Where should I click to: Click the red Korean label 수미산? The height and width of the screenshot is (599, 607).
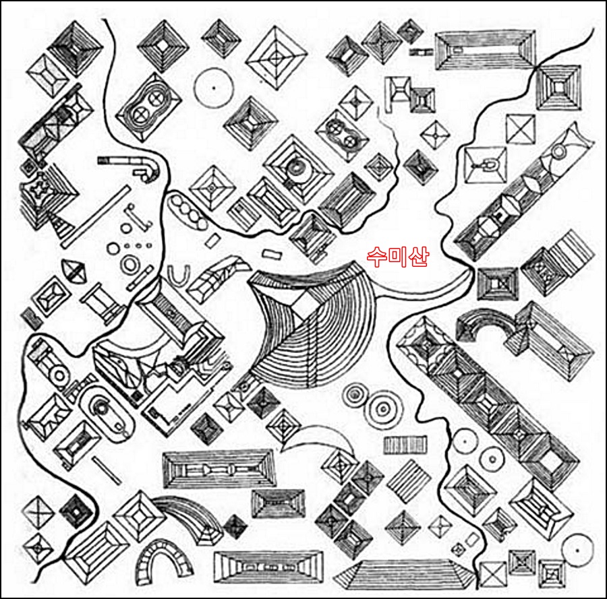coord(397,257)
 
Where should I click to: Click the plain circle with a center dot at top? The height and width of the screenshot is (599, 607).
coord(214,88)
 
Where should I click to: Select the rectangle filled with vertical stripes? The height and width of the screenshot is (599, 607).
coord(406,445)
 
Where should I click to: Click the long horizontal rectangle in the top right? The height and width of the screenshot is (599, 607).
coord(486,51)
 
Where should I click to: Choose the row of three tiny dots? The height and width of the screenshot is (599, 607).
coord(138,245)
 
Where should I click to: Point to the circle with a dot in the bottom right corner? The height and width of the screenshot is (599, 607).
coord(577,550)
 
